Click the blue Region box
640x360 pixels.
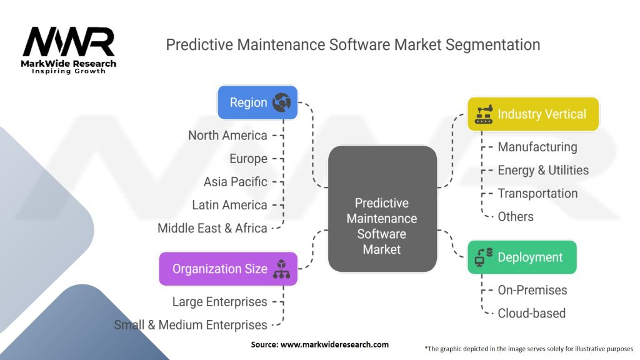257,102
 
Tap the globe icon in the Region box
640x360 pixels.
282,102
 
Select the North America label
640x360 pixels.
227,135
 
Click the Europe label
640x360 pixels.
248,159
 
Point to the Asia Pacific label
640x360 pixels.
235,182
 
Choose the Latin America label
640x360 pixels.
229,205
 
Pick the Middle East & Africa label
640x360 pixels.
212,228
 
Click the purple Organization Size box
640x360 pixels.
228,269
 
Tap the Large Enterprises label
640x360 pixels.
219,302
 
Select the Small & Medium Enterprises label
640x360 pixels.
191,325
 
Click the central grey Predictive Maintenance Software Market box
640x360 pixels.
382,209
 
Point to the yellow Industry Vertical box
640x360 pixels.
533,114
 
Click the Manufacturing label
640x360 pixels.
537,147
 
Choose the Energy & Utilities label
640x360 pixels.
542,170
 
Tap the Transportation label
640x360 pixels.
537,193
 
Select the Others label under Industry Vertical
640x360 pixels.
515,217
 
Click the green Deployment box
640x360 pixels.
521,257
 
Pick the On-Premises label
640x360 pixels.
532,290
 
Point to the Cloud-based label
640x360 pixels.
531,313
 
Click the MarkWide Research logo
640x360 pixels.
69,51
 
